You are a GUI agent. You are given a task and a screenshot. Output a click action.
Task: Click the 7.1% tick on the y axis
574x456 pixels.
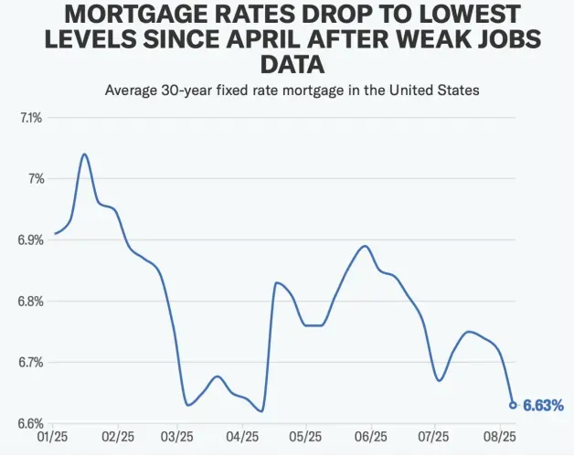(x=31, y=118)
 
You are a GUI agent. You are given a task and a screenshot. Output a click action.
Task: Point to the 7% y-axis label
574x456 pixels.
(x=36, y=179)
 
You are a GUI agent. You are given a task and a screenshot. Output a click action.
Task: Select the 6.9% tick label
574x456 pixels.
(x=31, y=240)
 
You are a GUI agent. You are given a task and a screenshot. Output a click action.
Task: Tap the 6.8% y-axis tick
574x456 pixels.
(x=31, y=302)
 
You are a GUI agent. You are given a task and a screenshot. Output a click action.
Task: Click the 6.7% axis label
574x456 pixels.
(x=31, y=363)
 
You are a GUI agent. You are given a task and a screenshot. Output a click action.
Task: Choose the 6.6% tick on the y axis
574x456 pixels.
(x=31, y=424)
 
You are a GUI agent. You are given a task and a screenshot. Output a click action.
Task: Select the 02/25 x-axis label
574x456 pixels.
(x=120, y=438)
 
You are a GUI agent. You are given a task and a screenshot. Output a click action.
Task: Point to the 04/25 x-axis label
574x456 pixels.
(x=243, y=438)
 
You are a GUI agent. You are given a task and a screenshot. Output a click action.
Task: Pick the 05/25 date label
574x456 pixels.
(x=306, y=438)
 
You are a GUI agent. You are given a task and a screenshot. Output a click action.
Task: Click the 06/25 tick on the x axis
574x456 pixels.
(x=370, y=438)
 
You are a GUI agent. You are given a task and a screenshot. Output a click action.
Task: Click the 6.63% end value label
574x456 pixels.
(x=543, y=405)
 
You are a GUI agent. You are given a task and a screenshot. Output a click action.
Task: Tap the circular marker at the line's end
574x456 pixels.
(x=513, y=405)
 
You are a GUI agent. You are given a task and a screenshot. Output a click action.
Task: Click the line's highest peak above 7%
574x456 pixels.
(x=85, y=154)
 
